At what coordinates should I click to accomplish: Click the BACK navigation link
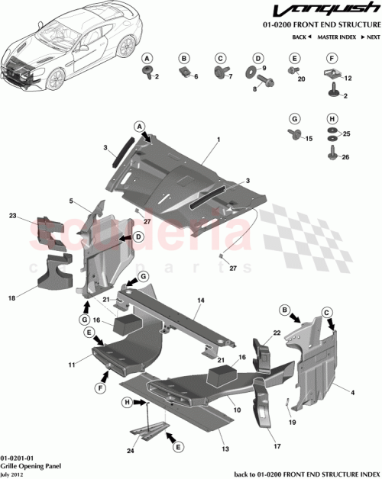(x=301, y=37)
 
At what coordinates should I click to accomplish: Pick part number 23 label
(x=34, y=216)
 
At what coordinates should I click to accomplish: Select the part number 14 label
(x=199, y=301)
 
